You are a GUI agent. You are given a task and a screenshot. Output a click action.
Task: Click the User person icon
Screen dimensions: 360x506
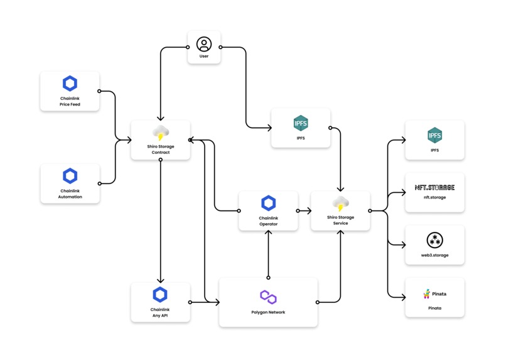(x=204, y=44)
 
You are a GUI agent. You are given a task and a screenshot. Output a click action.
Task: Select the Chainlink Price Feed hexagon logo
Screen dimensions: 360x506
(x=70, y=83)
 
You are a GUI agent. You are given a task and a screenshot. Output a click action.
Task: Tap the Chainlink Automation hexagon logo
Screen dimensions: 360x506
(x=70, y=175)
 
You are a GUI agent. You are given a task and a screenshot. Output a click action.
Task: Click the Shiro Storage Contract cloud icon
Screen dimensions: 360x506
(x=161, y=133)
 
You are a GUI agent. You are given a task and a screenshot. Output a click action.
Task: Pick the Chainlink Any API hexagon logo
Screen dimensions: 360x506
(x=160, y=294)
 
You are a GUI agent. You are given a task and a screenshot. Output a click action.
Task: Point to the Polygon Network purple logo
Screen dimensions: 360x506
(x=268, y=297)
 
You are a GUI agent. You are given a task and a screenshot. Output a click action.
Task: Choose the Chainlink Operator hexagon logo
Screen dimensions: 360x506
(x=268, y=203)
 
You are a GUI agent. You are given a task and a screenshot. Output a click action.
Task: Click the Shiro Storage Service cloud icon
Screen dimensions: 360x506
(x=340, y=204)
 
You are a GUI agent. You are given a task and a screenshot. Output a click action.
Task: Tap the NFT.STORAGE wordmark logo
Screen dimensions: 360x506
(x=434, y=187)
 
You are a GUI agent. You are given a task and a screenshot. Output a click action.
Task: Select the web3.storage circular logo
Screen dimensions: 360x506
(x=434, y=240)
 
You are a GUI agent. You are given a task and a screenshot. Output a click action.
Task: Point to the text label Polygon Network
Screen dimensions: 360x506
(x=268, y=312)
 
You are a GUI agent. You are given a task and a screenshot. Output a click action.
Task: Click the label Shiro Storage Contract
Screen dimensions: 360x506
(x=161, y=150)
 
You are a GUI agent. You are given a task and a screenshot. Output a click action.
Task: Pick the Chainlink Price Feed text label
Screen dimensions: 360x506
(x=70, y=101)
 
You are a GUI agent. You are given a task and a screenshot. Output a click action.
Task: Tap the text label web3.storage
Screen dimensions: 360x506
(x=434, y=255)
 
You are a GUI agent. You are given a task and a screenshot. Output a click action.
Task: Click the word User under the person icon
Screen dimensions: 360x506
(x=204, y=57)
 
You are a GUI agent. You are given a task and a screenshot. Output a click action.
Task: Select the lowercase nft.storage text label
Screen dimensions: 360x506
(x=434, y=197)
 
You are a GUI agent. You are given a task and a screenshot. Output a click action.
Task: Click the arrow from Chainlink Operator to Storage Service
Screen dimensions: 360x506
(x=304, y=211)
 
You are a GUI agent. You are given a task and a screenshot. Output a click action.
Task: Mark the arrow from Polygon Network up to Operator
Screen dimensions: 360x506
(x=268, y=254)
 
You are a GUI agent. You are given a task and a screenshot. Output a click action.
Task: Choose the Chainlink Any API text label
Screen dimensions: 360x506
(x=160, y=312)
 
